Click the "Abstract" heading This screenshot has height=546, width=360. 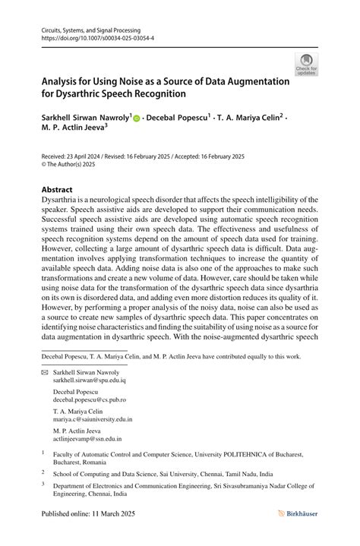57,189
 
